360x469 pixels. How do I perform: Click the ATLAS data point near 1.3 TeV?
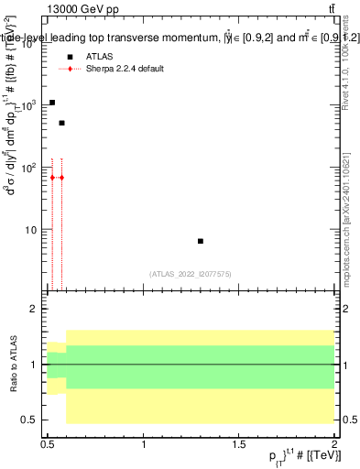point(201,241)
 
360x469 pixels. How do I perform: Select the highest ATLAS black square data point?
point(52,103)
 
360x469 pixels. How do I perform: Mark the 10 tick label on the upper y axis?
point(34,230)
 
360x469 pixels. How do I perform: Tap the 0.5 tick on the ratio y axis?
point(34,420)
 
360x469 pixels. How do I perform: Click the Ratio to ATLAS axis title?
point(12,365)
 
